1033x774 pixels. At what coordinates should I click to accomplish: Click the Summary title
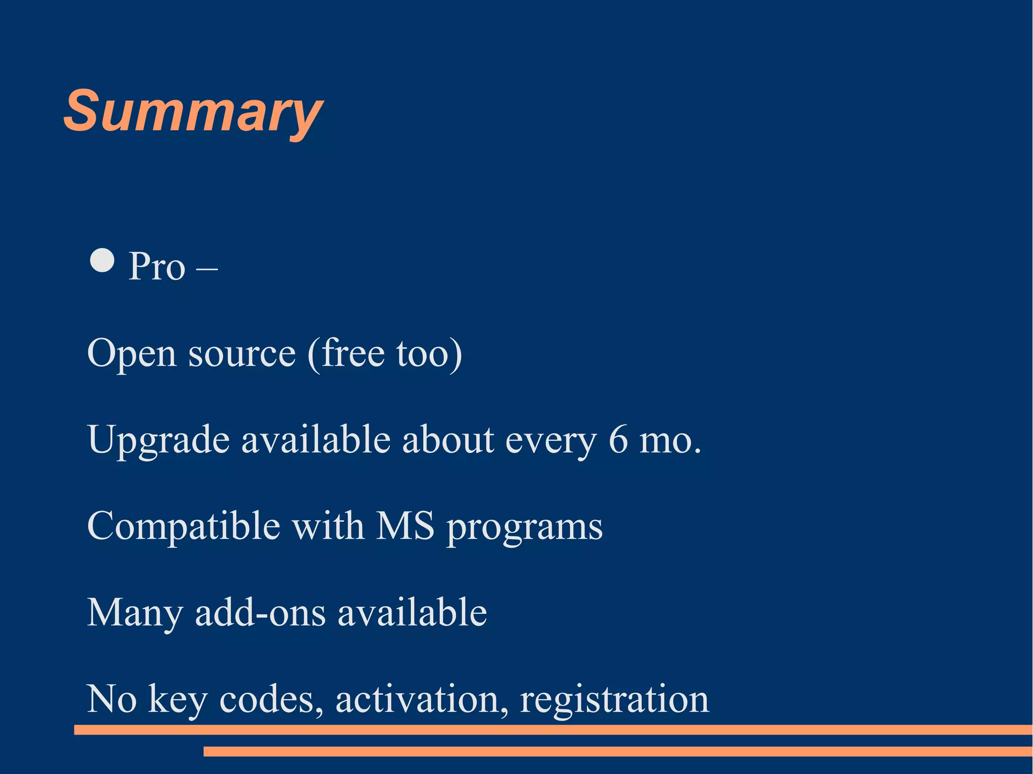(x=193, y=112)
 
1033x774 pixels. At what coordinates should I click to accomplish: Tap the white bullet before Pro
(x=102, y=261)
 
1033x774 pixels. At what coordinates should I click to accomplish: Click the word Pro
(x=157, y=267)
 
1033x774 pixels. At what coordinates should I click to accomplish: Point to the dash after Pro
(x=207, y=268)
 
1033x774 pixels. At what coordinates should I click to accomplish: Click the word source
(x=242, y=354)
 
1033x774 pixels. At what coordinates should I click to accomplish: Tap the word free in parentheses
(x=352, y=353)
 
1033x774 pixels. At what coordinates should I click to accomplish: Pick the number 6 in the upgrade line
(x=618, y=440)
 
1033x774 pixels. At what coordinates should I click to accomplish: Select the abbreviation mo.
(x=670, y=441)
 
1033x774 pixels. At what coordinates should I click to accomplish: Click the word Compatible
(x=184, y=526)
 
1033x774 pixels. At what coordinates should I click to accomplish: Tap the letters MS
(x=405, y=526)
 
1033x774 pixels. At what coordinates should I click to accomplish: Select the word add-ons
(x=260, y=613)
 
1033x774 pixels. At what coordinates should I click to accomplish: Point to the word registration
(x=614, y=700)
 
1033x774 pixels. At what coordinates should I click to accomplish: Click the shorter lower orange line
(x=617, y=751)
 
